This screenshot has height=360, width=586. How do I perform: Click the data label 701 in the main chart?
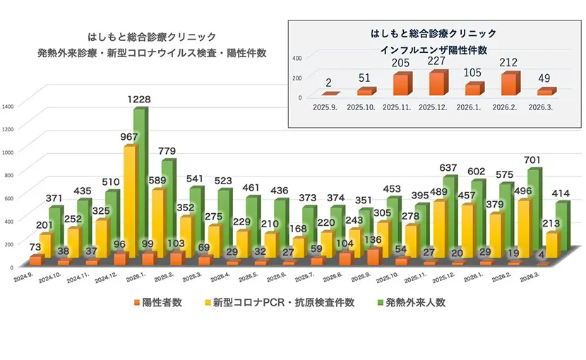pos(531,159)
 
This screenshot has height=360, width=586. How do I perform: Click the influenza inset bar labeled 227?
pos(437,83)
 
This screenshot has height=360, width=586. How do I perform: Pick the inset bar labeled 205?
pos(400,84)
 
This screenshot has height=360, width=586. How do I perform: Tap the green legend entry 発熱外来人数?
pos(410,303)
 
